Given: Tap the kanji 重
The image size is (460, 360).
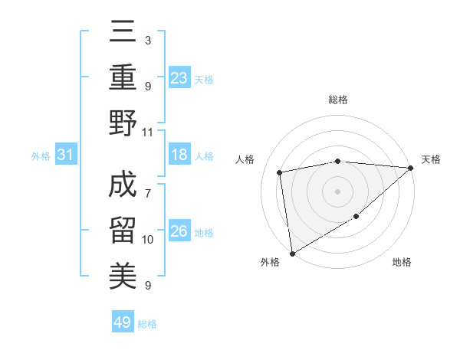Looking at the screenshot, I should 123,77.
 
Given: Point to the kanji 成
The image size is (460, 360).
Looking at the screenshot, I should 123,184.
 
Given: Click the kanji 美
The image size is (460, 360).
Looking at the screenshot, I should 123,273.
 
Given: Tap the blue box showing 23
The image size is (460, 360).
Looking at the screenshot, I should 179,77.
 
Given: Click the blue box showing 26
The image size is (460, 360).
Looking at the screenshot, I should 179,232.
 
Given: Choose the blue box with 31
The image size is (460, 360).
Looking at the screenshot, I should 66,155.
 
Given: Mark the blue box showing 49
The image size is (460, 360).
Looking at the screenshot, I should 123,322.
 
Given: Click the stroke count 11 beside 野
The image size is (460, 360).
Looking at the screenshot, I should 148,133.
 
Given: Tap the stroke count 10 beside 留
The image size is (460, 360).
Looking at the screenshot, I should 148,240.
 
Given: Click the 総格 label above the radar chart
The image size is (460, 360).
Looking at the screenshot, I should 338,100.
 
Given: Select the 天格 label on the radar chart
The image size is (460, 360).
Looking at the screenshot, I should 431,159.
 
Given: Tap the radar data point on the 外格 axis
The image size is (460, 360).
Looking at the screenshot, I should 292,253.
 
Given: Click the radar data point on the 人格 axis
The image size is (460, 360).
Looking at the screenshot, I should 281,172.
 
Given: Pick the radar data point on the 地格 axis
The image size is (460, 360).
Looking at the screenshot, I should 356,217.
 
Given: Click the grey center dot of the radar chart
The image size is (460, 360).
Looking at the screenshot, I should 338,191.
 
